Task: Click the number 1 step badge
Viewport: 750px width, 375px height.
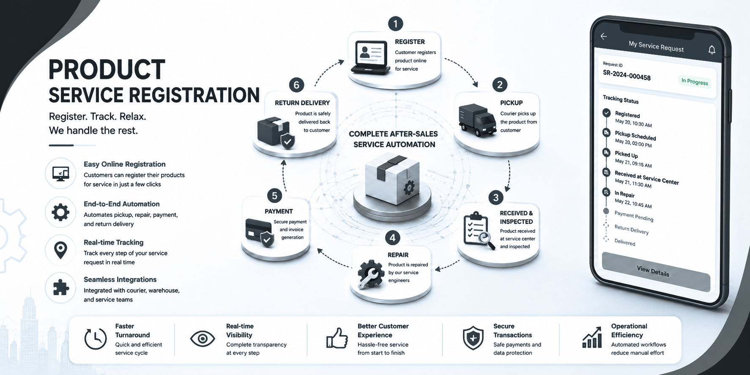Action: click(x=395, y=24)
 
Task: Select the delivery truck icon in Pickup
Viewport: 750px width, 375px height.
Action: click(x=477, y=121)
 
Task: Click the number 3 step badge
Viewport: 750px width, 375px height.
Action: click(x=496, y=197)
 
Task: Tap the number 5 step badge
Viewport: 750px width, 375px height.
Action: click(x=274, y=196)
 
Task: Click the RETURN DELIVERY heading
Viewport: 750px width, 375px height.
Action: click(x=302, y=103)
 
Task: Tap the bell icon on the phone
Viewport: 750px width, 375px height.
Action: click(x=712, y=50)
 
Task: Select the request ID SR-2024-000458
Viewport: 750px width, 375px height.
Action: click(x=627, y=75)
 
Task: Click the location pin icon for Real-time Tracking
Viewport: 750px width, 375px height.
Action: click(x=61, y=249)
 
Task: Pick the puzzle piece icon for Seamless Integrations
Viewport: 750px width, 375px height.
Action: click(x=61, y=287)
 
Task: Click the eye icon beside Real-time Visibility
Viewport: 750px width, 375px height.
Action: click(x=203, y=339)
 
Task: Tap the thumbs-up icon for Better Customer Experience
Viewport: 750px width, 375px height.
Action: click(x=337, y=338)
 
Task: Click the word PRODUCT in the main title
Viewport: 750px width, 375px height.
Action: click(x=107, y=70)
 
